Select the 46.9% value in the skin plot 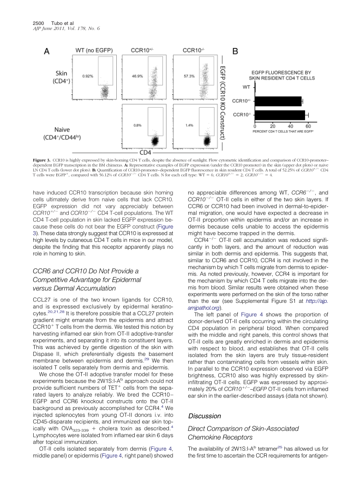coord(135,75)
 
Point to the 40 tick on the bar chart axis coord(290,126)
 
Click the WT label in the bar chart coord(246,86)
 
